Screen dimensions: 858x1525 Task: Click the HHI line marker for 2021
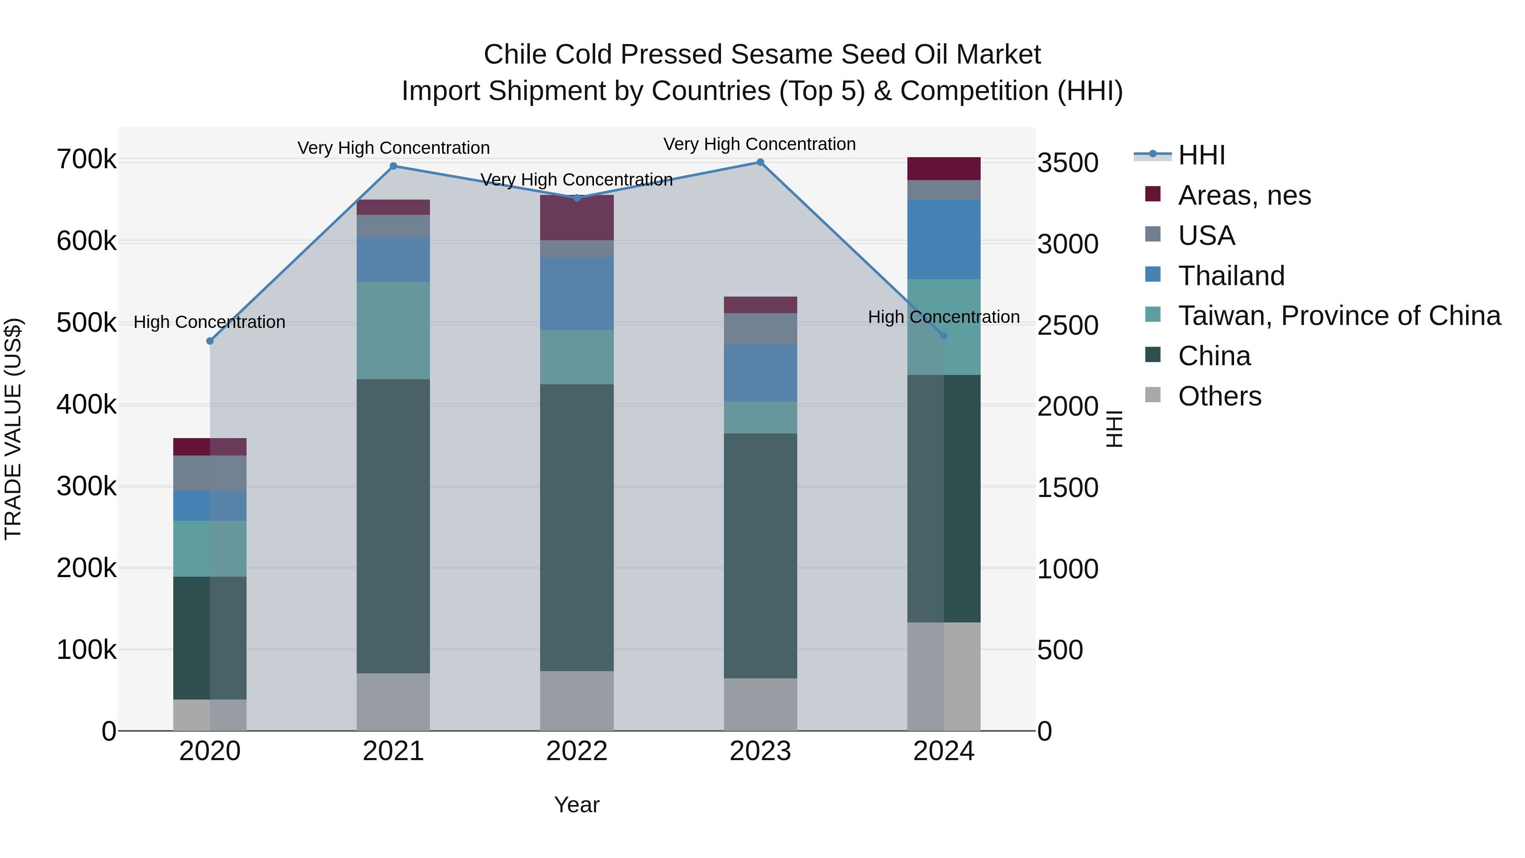pos(393,167)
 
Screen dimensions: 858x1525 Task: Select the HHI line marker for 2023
pos(760,162)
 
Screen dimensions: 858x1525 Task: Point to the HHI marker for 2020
pos(210,341)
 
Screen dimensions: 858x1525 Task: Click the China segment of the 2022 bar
pos(577,527)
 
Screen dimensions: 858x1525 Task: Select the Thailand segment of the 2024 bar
pos(944,239)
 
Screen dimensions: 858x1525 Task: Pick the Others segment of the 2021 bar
pos(393,702)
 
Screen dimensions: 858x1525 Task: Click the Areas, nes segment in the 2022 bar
pos(577,218)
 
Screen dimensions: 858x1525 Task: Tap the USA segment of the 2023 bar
pos(760,329)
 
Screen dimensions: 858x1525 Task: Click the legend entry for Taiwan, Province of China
pos(1339,316)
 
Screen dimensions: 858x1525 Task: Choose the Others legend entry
pos(1220,396)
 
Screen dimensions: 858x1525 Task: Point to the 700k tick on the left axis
pos(86,160)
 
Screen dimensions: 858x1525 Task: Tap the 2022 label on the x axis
pos(577,751)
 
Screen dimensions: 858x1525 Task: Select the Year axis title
pos(577,805)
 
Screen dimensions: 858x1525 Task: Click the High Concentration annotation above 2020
pos(210,322)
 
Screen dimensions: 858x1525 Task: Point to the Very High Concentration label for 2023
pos(760,144)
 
